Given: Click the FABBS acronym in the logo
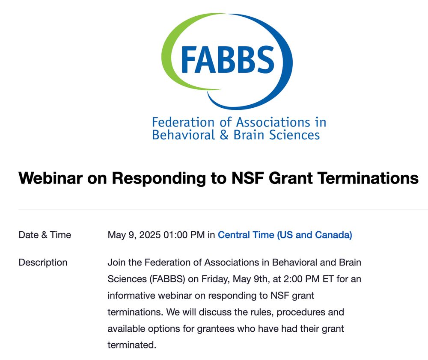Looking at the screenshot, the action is (x=227, y=60).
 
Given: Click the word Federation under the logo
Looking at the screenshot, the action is (x=183, y=122).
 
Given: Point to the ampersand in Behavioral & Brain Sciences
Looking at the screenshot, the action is (x=224, y=135).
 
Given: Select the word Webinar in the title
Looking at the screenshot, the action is (x=50, y=178).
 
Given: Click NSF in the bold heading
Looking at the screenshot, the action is (x=247, y=178).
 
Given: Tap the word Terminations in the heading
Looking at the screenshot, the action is (x=368, y=178).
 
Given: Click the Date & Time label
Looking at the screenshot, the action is (x=45, y=235).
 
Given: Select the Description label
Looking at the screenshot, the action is (x=43, y=263).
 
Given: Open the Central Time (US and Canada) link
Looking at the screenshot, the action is (x=285, y=235).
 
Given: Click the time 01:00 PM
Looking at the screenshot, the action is (x=184, y=235).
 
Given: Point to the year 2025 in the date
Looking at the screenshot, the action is (x=150, y=235).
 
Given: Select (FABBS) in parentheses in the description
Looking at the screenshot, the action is (x=167, y=279).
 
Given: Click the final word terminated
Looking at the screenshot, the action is (x=132, y=345).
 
